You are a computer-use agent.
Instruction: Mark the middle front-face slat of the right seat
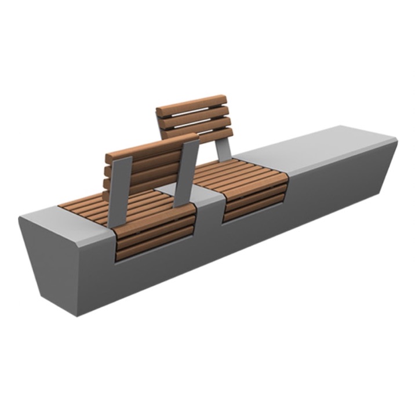(x=255, y=197)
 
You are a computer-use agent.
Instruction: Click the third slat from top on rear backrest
(x=197, y=123)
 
